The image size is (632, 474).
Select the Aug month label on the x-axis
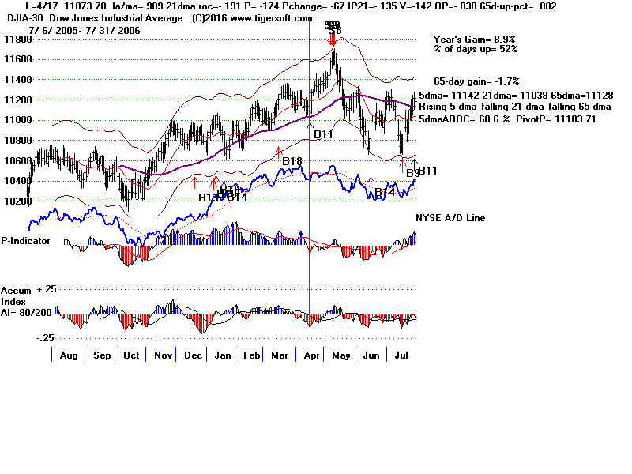tap(68, 355)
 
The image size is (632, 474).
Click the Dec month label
tap(194, 355)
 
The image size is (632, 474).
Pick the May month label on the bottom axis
tap(340, 355)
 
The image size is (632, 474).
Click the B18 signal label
tap(292, 162)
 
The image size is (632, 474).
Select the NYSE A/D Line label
tap(450, 218)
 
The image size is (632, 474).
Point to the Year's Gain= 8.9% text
tap(474, 39)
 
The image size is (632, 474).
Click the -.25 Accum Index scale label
tap(46, 337)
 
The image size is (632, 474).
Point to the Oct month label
tap(132, 355)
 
